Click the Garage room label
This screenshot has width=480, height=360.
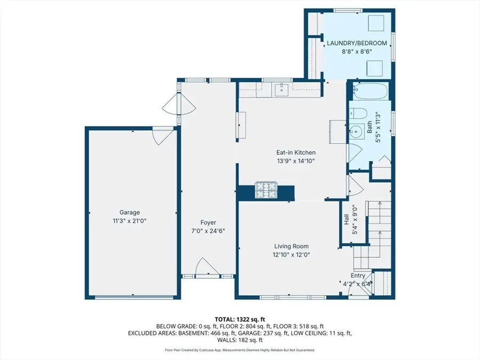(130, 212)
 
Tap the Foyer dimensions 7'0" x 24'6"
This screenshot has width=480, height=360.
(208, 231)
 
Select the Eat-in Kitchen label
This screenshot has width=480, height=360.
(295, 153)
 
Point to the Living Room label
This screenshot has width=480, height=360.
(291, 246)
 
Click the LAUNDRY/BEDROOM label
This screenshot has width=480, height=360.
(357, 43)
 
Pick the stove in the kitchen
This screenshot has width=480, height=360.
(266, 190)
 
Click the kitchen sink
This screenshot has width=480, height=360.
(281, 90)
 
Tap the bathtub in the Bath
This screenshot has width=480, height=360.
(370, 91)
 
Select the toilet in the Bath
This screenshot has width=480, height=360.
(358, 114)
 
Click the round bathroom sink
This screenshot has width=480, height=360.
(356, 132)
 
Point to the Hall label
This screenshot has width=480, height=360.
(346, 219)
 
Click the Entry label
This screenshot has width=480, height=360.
(358, 276)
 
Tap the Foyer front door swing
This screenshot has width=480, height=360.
(207, 266)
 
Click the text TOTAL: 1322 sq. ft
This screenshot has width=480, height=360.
(239, 320)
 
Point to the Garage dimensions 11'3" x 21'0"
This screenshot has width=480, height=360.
(130, 221)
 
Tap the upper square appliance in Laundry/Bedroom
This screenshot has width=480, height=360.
(376, 23)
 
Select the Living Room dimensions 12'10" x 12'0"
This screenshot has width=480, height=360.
(291, 255)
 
